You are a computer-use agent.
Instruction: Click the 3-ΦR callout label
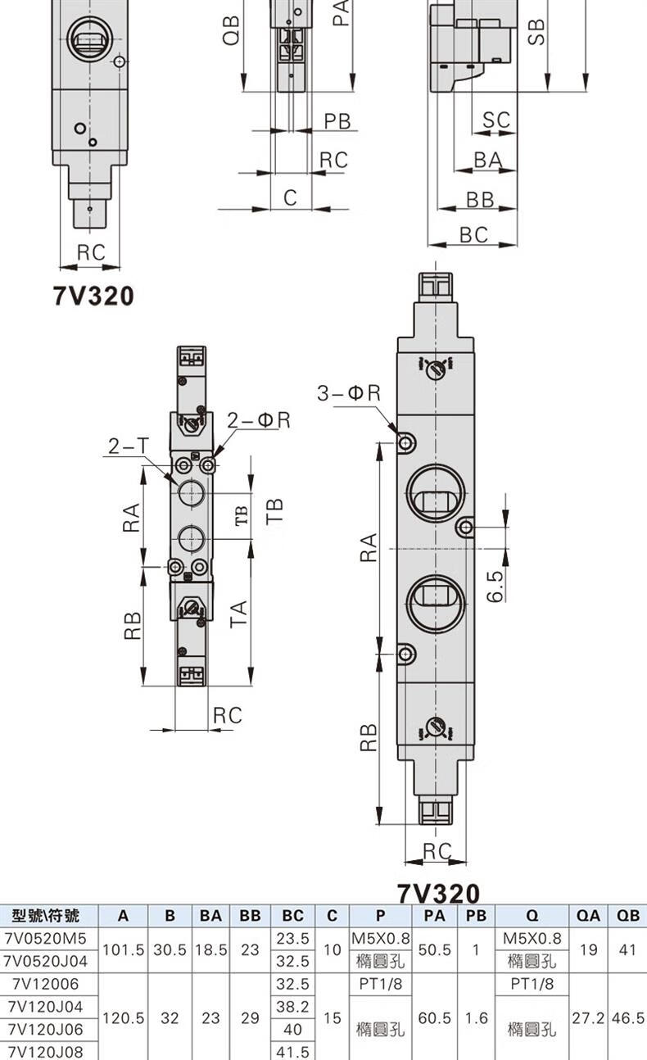pyautogui.click(x=349, y=392)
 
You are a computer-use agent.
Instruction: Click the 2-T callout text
pyautogui.click(x=128, y=446)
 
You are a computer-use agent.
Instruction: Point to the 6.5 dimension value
pyautogui.click(x=495, y=586)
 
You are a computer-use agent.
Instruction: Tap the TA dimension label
pyautogui.click(x=239, y=614)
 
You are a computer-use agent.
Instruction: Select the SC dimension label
pyautogui.click(x=496, y=120)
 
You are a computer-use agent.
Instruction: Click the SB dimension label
pyautogui.click(x=536, y=32)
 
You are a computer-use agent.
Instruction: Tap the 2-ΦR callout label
pyautogui.click(x=258, y=420)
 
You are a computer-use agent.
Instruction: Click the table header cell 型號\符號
pyautogui.click(x=45, y=916)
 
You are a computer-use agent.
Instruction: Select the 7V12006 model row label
pyautogui.click(x=45, y=984)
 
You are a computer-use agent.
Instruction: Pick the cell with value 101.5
pyautogui.click(x=123, y=949)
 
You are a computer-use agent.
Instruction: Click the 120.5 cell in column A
pyautogui.click(x=123, y=1017)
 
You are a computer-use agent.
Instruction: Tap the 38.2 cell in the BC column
pyautogui.click(x=292, y=1006)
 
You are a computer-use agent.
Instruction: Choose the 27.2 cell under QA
pyautogui.click(x=588, y=1017)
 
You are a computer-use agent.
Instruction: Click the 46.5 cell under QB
pyautogui.click(x=627, y=1017)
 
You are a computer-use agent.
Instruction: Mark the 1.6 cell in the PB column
pyautogui.click(x=476, y=1017)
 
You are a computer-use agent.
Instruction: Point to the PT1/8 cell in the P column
pyautogui.click(x=380, y=984)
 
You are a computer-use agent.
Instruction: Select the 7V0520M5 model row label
pyautogui.click(x=45, y=938)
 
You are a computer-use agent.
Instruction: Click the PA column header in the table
pyautogui.click(x=434, y=916)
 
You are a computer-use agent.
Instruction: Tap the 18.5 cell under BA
pyautogui.click(x=210, y=949)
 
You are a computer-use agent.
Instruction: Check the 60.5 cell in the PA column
pyautogui.click(x=434, y=1017)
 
